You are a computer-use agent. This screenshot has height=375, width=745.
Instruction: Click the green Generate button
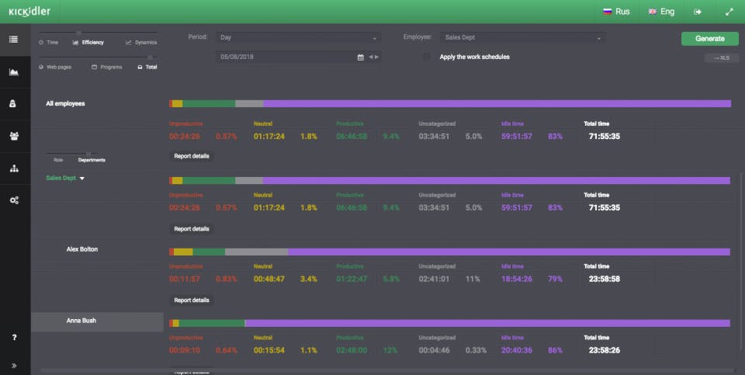point(709,38)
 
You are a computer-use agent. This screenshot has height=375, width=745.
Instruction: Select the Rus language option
point(616,12)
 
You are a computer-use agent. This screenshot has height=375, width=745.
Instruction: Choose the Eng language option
point(661,12)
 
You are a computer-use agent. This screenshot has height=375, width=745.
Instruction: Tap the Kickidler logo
point(29,12)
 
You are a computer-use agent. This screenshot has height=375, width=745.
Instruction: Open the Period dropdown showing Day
point(298,37)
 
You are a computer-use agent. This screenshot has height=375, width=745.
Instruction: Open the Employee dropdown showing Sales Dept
point(521,37)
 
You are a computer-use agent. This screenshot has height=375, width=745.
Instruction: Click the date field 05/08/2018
point(287,57)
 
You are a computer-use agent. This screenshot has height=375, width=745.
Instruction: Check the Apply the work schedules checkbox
point(426,57)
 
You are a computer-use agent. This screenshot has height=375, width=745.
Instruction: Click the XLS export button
point(721,57)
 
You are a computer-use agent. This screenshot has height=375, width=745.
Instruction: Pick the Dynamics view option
point(141,43)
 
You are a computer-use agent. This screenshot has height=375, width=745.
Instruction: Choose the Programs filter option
point(107,68)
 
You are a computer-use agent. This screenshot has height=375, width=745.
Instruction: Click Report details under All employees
point(191,156)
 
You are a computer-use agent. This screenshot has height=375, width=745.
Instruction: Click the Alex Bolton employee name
point(82,249)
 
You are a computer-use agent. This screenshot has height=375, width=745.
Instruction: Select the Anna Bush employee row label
point(81,320)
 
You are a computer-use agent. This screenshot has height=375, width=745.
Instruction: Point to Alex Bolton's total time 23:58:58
point(604,278)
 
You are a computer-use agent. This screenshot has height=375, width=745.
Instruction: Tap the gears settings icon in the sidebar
point(14,200)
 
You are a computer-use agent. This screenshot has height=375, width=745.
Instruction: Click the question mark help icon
point(14,338)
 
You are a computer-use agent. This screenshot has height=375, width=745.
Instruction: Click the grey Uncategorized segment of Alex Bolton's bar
point(256,252)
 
